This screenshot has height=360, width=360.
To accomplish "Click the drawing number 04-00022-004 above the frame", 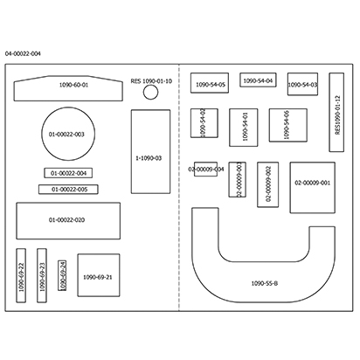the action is coord(23,54).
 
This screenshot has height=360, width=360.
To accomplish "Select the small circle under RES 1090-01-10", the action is coord(150,93).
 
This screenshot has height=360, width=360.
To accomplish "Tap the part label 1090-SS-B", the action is coord(265,283).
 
